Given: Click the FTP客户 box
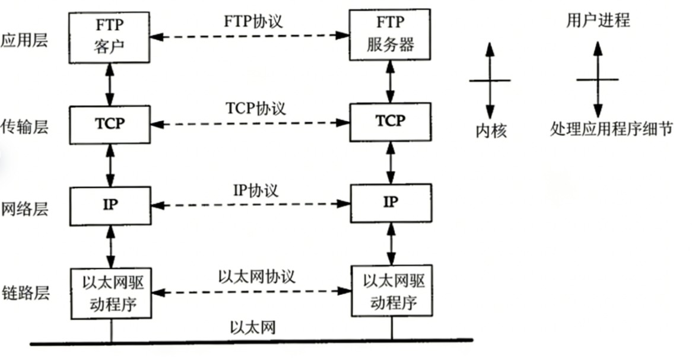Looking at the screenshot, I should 110,37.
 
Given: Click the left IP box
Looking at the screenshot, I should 110,205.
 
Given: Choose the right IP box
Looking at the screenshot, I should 390,203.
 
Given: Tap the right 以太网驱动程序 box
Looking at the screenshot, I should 392,291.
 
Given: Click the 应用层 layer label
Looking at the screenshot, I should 24,42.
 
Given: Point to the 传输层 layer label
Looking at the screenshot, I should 24,126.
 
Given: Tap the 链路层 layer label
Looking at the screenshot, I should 24,293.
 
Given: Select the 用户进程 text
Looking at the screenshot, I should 598,21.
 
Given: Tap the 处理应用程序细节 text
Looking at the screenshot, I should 611,129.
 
